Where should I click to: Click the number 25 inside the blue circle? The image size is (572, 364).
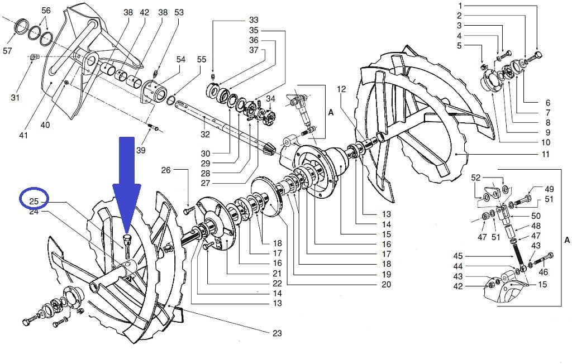click(x=34, y=200)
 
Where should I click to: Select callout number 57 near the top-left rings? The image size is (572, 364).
click(x=7, y=51)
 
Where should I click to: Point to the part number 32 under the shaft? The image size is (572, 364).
click(x=205, y=134)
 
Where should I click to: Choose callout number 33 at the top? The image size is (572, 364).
click(x=254, y=20)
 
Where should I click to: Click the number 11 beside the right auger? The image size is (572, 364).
click(x=546, y=154)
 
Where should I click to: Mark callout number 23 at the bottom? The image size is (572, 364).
click(x=277, y=333)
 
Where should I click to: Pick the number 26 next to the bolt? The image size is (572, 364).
click(x=165, y=170)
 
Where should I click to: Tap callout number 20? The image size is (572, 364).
click(x=386, y=284)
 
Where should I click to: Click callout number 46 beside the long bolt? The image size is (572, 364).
click(x=544, y=272)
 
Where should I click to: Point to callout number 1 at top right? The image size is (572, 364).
click(x=459, y=6)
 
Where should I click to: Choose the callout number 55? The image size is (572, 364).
click(x=202, y=59)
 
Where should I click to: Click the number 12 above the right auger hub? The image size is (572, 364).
click(x=342, y=89)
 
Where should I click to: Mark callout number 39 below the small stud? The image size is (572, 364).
click(x=140, y=151)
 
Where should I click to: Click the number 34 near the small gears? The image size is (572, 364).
click(x=271, y=99)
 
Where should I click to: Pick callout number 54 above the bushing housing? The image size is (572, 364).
click(x=181, y=59)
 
